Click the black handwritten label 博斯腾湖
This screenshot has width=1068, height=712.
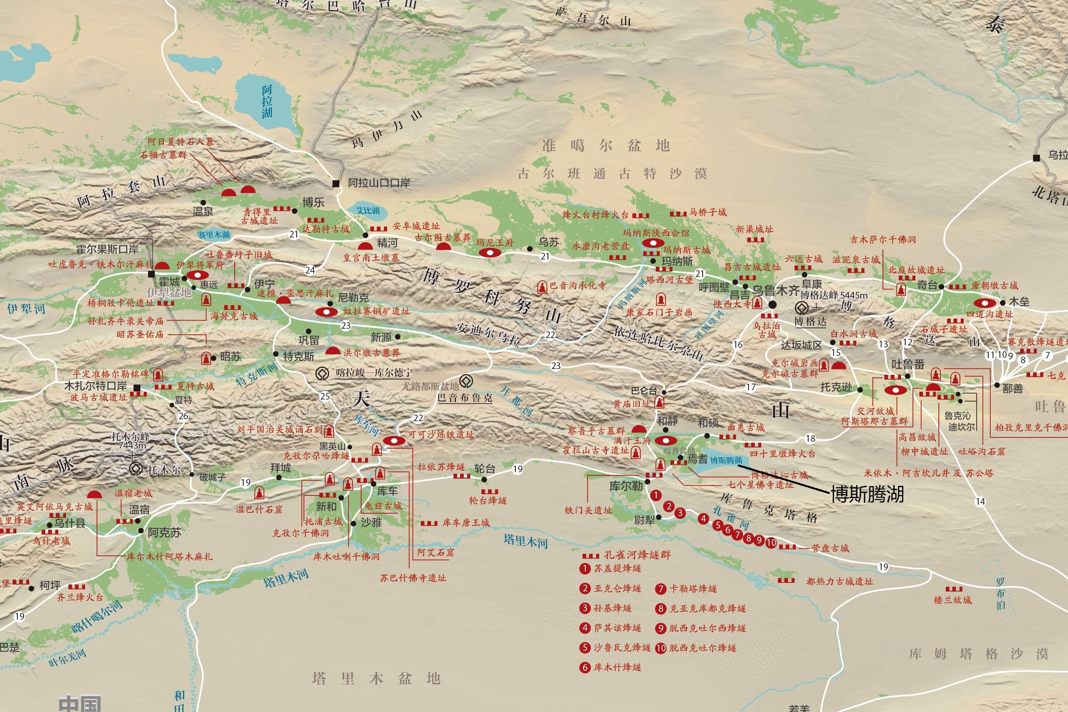[867, 494]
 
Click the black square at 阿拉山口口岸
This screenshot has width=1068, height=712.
[336, 183]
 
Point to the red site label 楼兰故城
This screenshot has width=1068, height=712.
[952, 600]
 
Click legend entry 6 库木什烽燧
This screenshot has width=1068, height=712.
[617, 667]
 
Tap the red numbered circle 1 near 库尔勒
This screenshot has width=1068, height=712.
[655, 495]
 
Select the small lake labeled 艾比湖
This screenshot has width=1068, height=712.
[368, 211]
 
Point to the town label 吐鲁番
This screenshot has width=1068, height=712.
[908, 364]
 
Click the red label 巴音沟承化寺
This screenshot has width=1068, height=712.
[577, 286]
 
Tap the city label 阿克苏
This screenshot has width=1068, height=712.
[164, 533]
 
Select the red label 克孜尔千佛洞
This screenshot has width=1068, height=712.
[300, 533]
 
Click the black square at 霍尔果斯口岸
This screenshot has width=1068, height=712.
[152, 274]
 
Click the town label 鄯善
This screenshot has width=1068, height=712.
[1012, 389]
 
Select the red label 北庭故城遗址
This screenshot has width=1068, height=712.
[916, 270]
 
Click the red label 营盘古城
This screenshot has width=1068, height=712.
[830, 548]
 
